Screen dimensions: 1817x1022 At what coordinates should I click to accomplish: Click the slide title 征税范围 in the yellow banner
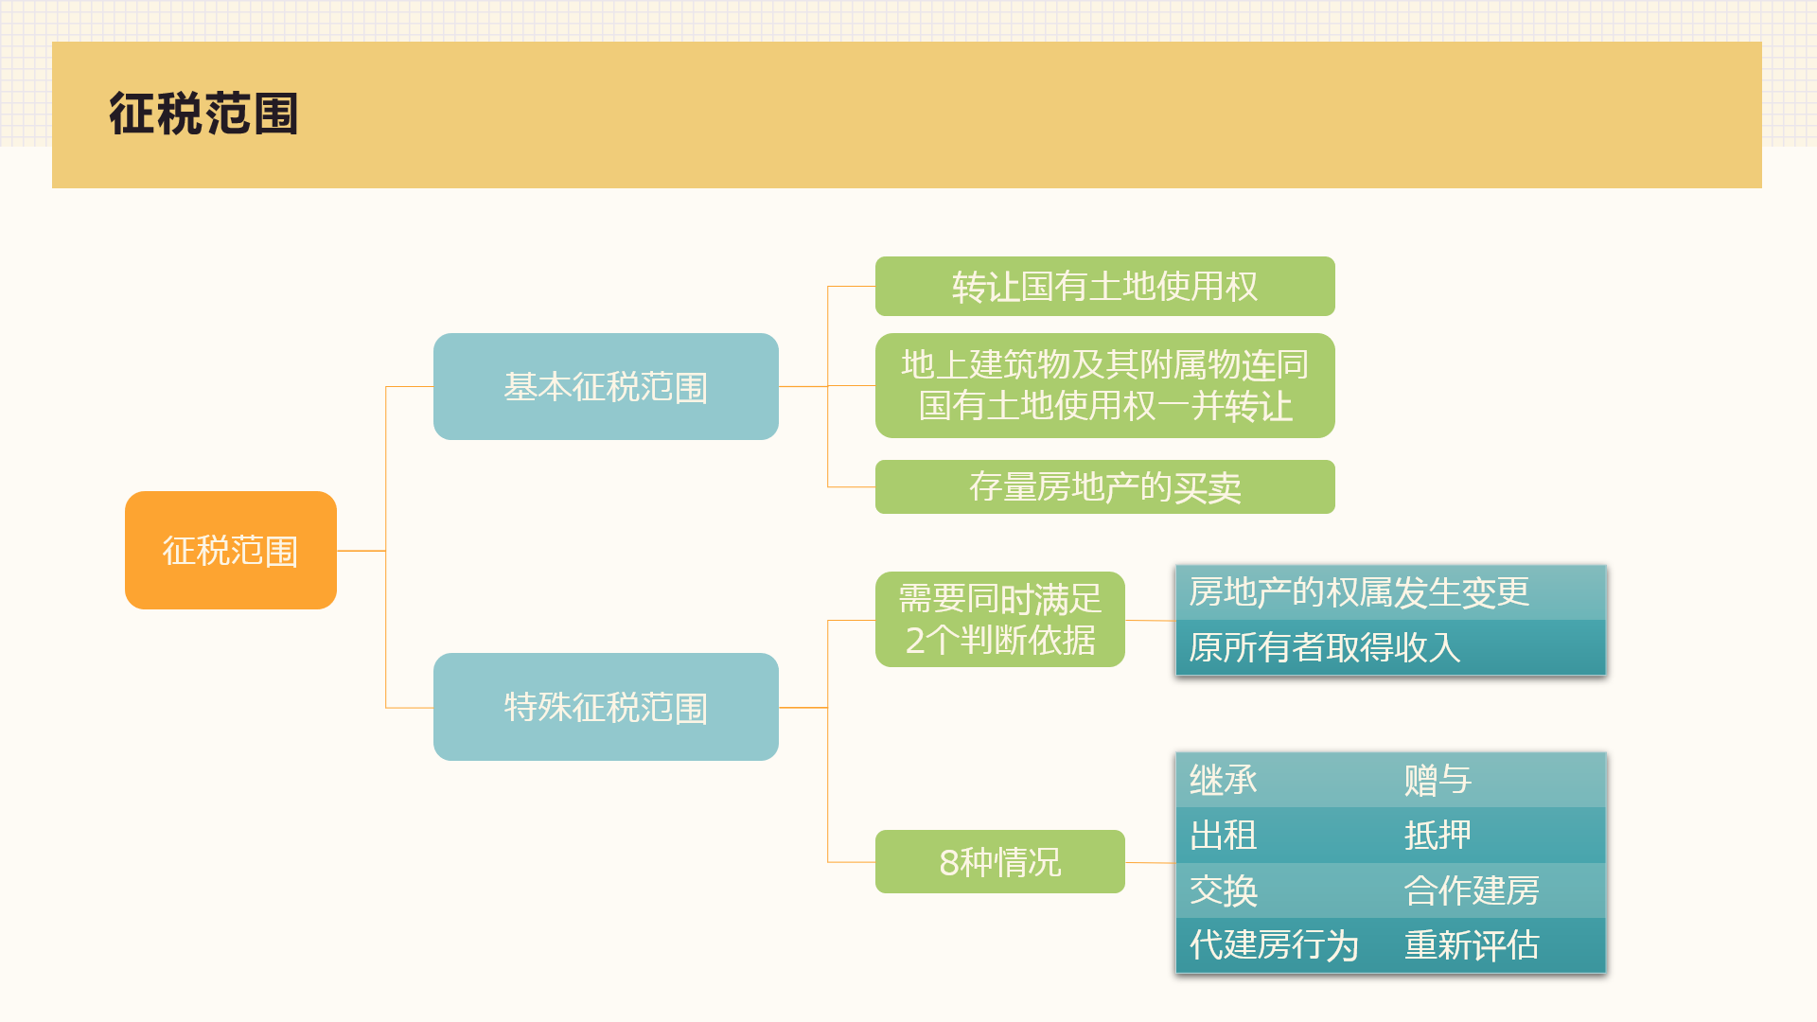203,114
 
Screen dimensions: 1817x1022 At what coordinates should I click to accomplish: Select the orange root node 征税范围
231,550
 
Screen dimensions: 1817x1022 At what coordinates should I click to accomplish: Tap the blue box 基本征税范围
606,386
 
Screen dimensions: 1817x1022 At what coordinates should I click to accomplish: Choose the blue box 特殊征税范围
606,707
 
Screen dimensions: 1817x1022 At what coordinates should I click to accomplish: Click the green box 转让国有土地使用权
1104,286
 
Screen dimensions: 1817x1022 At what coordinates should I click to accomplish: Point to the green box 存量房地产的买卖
1104,486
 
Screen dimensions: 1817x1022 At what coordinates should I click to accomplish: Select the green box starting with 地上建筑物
1104,385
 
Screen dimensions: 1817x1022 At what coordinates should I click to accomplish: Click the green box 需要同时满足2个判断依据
999,619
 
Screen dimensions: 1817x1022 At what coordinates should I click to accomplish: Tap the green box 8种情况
999,861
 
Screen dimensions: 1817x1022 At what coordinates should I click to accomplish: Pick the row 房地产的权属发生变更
1390,592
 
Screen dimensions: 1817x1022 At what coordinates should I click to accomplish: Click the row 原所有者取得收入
1390,647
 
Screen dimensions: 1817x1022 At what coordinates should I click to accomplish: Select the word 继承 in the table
1224,780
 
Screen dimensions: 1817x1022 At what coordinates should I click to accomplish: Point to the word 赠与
1438,780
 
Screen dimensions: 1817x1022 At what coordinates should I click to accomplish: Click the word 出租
1224,835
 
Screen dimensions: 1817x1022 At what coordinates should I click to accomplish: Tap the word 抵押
1438,835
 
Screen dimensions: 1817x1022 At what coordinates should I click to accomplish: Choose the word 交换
1224,890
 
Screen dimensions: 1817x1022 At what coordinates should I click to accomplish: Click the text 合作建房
1472,890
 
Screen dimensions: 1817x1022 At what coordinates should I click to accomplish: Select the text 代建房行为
1274,944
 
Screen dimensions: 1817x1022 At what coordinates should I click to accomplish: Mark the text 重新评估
1472,944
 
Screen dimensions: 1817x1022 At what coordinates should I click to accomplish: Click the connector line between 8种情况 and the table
1150,862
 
